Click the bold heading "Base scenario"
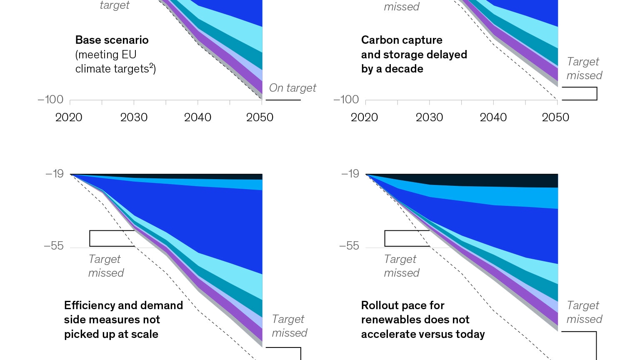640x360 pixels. point(112,40)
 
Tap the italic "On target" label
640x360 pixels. point(292,88)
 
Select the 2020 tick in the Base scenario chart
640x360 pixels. point(69,117)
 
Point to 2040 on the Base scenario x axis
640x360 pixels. point(197,117)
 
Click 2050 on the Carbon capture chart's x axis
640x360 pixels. point(555,117)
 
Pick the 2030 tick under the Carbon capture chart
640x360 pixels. point(429,117)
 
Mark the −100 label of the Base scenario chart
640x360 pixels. point(50,100)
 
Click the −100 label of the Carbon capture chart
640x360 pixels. point(346,100)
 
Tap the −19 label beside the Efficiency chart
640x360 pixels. point(55,174)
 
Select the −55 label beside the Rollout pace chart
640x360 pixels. point(349,246)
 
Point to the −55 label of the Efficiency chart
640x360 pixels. point(54,246)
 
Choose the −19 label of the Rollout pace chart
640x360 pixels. point(350,174)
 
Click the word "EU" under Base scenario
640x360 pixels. point(129,55)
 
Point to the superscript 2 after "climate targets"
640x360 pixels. point(151,65)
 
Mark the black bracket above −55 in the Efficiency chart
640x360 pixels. point(112,238)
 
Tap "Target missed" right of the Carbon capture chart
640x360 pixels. point(584,68)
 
